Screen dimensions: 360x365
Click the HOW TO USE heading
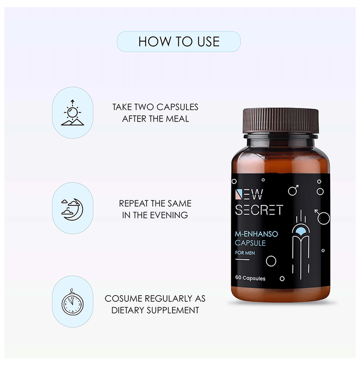[x=179, y=42]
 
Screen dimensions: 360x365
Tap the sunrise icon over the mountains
[x=73, y=113]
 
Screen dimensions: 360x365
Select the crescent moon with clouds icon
[x=72, y=209]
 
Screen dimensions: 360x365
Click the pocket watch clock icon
[x=73, y=302]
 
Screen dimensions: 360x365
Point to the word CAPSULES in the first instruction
[x=177, y=107]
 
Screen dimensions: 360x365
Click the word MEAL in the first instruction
[x=179, y=119]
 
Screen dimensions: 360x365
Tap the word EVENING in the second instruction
[x=169, y=215]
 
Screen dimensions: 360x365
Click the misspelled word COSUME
[x=123, y=299]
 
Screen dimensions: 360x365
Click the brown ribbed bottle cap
[x=281, y=121]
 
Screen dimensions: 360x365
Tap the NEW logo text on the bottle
[x=249, y=194]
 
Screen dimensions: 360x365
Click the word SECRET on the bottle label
[x=259, y=210]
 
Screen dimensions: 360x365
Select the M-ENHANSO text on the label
[x=256, y=234]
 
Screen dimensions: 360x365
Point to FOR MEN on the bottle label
[x=245, y=253]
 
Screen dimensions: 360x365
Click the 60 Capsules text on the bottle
[x=250, y=278]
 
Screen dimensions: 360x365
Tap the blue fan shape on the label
[x=301, y=230]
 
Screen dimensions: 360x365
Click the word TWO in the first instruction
[x=144, y=107]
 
